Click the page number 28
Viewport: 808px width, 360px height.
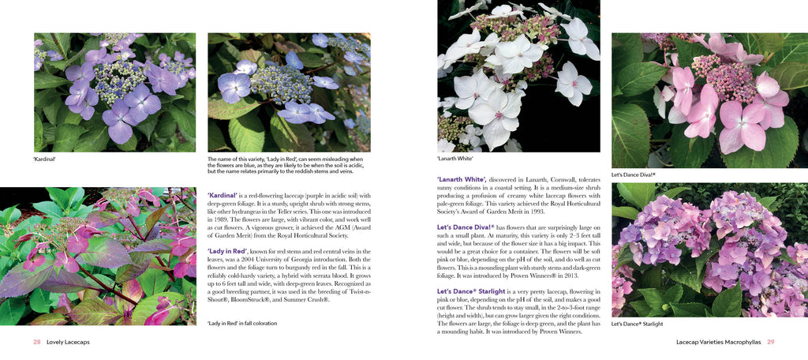36,342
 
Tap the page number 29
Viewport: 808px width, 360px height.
771,342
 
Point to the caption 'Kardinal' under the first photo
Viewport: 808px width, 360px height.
45,158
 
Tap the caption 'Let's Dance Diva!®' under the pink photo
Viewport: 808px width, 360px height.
634,174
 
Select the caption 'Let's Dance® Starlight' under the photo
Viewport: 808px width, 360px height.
637,324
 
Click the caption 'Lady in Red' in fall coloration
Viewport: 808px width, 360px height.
242,324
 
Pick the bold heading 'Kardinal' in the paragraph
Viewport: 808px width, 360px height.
223,195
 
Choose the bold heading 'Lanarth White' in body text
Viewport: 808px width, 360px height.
462,179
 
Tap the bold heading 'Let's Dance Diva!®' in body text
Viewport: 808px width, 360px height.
466,227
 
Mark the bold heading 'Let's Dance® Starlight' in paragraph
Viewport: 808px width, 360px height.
471,291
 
